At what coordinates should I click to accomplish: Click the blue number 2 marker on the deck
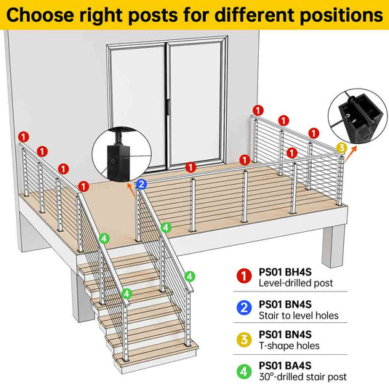pos(141,185)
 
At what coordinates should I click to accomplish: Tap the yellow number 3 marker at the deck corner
pos(342,148)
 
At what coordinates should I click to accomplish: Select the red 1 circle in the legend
pos(244,276)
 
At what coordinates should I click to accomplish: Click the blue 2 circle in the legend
pos(244,308)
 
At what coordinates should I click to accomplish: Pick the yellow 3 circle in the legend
pos(244,340)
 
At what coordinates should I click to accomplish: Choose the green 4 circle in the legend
pos(244,372)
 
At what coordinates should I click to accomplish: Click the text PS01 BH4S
pos(285,272)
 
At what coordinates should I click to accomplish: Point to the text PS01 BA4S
pos(285,366)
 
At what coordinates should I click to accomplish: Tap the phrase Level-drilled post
pos(296,283)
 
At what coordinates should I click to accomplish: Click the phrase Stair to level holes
pos(299,316)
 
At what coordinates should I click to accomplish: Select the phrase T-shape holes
pos(289,346)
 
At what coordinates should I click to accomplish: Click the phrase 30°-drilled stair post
pos(302,377)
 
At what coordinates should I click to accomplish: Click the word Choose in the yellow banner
pos(40,15)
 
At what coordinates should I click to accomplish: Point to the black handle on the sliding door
pos(168,107)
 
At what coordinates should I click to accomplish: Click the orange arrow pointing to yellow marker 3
pos(350,153)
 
